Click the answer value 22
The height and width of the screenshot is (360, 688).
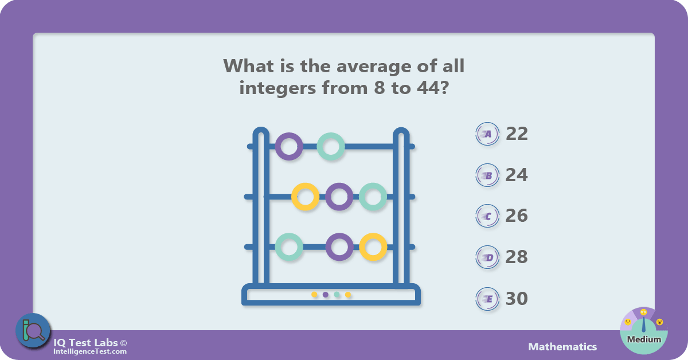pos(517,134)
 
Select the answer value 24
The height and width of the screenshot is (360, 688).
pos(517,175)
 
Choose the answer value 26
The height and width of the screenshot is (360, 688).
pos(517,216)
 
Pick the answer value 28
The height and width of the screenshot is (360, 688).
pos(517,257)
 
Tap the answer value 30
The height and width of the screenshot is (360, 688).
pos(517,298)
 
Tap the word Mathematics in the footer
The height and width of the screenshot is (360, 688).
pos(562,347)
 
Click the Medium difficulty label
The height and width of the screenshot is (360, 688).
pos(644,339)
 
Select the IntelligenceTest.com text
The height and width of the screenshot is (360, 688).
pos(90,351)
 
